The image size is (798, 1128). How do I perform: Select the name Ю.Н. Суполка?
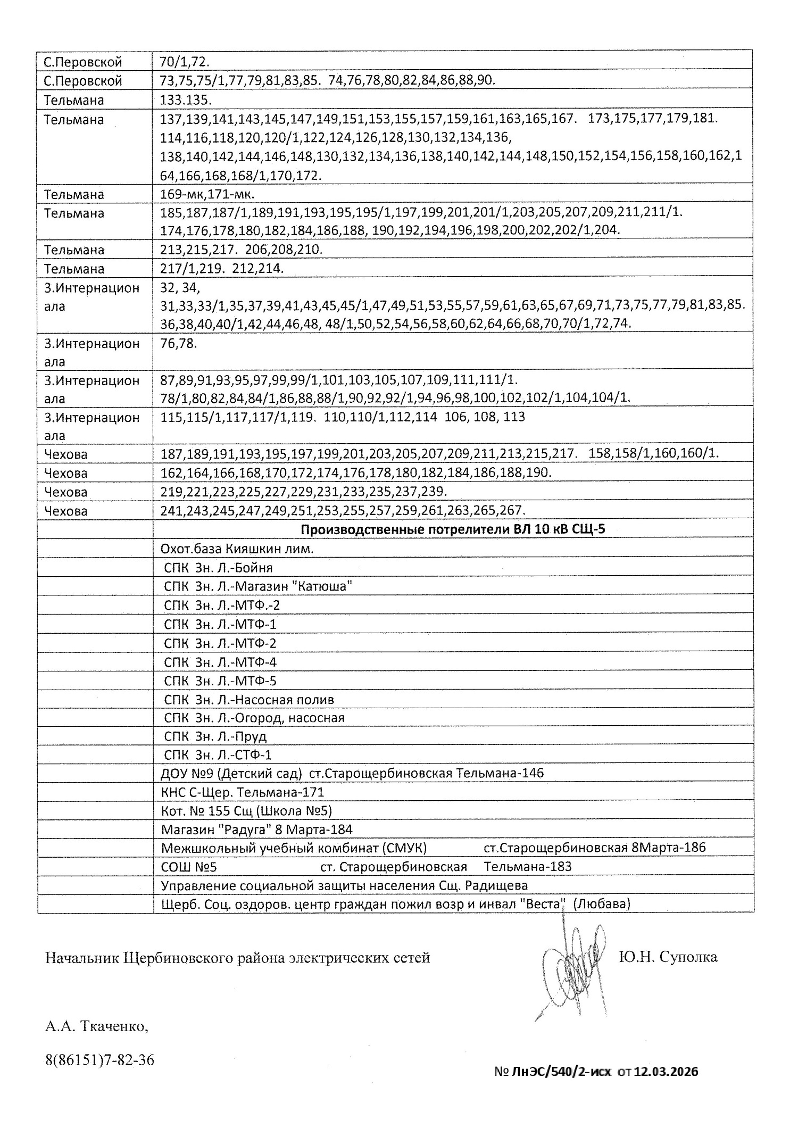(668, 957)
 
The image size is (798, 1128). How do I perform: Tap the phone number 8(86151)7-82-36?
(100, 1060)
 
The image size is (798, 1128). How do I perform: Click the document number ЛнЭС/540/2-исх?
(561, 1071)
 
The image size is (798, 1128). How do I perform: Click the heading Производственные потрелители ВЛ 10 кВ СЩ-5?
(453, 530)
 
